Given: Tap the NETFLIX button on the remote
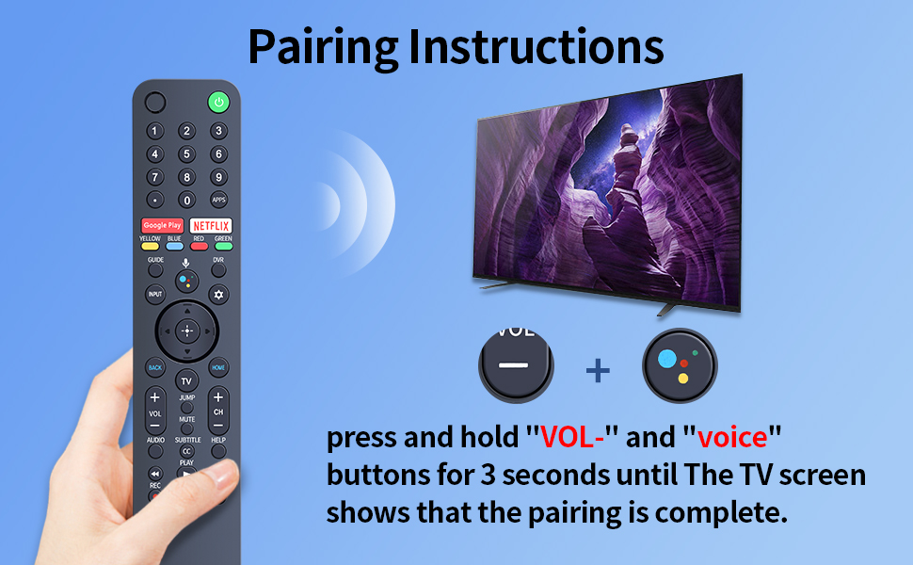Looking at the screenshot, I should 211,226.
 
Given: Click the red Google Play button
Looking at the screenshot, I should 162,226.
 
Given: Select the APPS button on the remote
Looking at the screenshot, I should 218,200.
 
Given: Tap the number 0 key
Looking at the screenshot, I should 186,200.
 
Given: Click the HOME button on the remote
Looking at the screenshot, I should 217,367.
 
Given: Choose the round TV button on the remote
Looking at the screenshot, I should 186,381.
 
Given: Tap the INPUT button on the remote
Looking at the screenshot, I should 155,295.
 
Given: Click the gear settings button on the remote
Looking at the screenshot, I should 218,295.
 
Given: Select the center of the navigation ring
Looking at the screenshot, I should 186,331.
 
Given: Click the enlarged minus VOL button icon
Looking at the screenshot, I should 515,365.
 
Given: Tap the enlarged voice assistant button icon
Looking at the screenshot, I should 680,365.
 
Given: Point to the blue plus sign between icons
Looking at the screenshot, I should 598,370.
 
